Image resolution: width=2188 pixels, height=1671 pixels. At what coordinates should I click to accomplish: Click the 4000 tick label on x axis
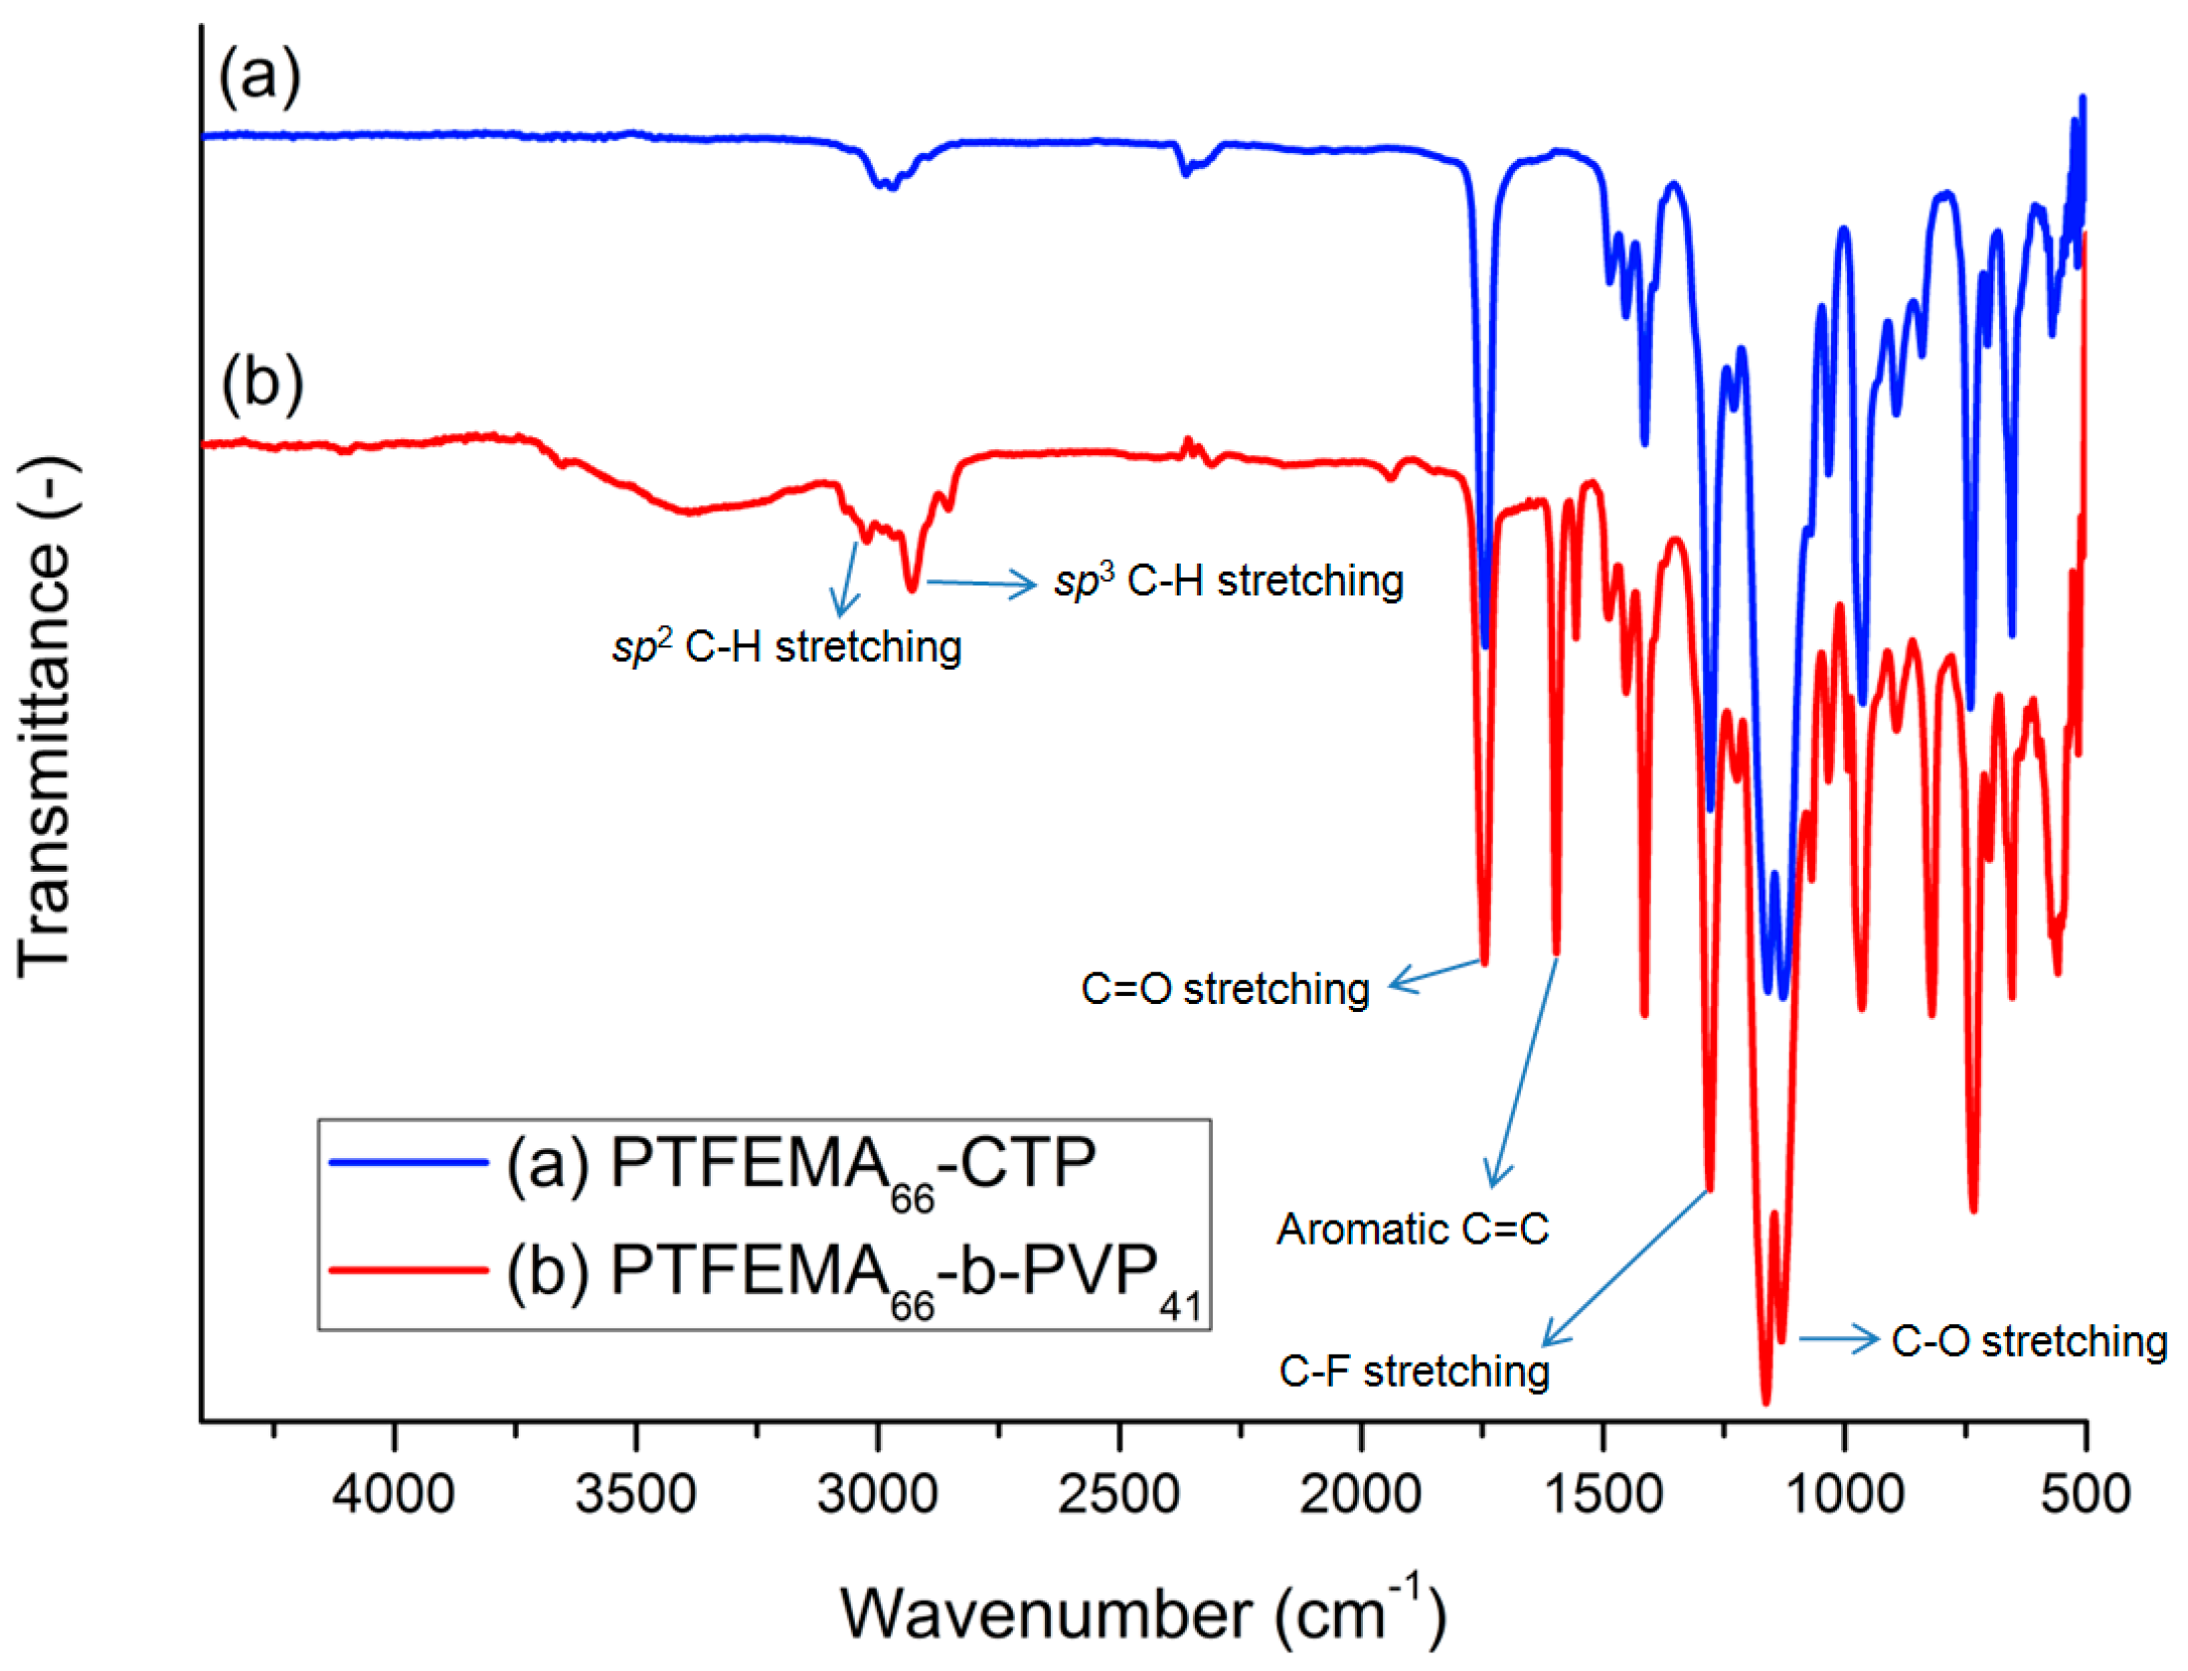click(393, 1494)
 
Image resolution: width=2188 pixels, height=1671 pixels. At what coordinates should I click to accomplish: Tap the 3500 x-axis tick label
click(635, 1494)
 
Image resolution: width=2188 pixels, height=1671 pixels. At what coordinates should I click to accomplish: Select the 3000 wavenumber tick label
click(877, 1494)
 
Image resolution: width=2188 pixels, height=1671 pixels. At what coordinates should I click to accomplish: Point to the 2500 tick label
click(1119, 1494)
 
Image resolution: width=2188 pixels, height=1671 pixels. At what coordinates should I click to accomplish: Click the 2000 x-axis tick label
click(1361, 1494)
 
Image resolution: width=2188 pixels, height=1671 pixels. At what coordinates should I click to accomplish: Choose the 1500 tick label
click(1602, 1494)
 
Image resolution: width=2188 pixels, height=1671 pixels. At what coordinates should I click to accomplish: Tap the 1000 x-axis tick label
click(1845, 1494)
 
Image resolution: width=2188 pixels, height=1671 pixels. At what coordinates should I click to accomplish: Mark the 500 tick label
click(2086, 1494)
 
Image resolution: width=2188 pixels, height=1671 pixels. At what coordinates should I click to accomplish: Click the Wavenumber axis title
click(1144, 1612)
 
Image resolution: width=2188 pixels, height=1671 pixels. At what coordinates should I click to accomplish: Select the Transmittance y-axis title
click(45, 716)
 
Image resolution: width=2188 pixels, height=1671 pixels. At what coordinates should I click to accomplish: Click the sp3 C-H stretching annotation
click(1230, 581)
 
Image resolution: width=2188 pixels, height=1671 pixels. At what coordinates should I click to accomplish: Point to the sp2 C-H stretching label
click(786, 647)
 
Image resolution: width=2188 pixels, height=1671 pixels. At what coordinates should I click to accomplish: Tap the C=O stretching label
click(1226, 990)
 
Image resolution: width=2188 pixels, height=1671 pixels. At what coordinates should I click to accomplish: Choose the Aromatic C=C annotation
click(1413, 1230)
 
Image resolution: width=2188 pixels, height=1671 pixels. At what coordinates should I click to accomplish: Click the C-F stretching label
click(1414, 1372)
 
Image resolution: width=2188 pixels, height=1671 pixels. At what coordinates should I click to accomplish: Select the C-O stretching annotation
click(2029, 1341)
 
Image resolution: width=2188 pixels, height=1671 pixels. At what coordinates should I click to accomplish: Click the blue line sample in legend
click(409, 1161)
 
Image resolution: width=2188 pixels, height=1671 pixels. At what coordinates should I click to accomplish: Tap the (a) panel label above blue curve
click(259, 76)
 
